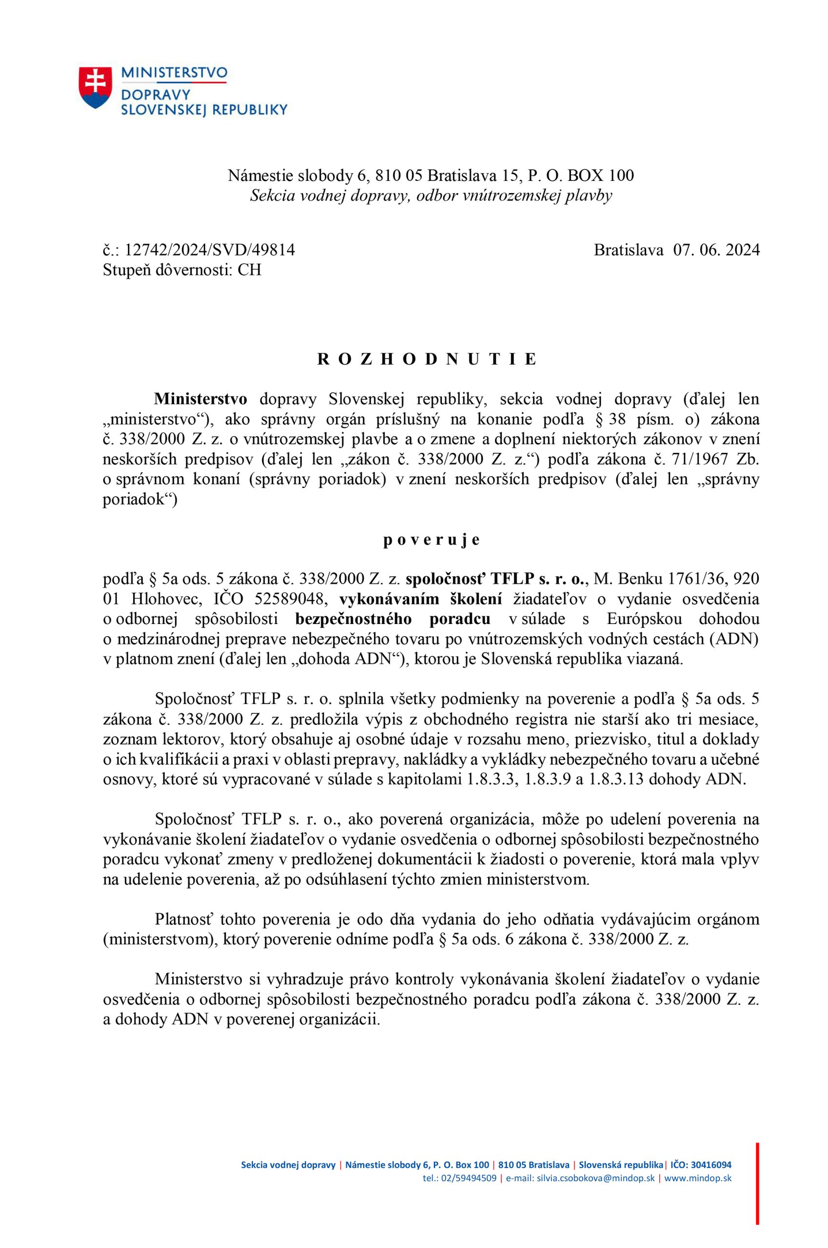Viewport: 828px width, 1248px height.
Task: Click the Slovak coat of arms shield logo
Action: click(x=96, y=88)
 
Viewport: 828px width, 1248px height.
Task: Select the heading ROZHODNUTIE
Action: click(x=427, y=359)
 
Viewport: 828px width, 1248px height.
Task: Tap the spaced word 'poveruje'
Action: click(x=432, y=540)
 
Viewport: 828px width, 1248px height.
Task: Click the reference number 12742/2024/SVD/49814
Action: click(x=210, y=250)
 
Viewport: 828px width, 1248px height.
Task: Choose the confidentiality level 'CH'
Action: click(x=249, y=270)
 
